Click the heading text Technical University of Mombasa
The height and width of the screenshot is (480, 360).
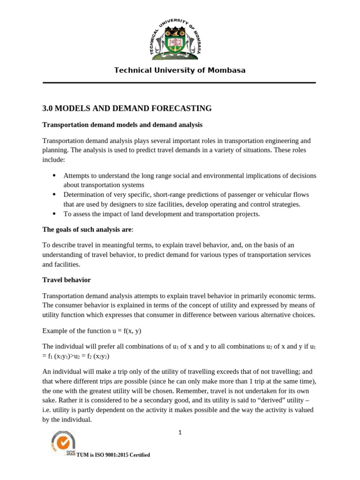coord(180,70)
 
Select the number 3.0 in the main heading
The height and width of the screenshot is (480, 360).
coord(48,109)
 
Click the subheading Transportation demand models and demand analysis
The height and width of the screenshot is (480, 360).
coord(122,125)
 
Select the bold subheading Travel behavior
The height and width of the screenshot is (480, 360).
coord(67,280)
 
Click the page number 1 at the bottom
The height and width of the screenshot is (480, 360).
coord(180,433)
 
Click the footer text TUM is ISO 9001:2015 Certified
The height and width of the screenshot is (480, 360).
coord(113,455)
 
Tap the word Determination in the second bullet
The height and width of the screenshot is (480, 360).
coord(85,195)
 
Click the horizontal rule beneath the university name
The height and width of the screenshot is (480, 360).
coord(180,83)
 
